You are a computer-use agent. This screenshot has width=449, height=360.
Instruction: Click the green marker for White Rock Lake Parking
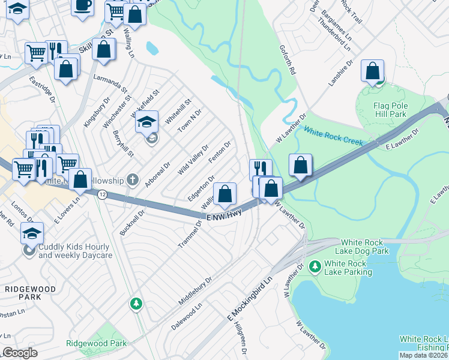[314, 265]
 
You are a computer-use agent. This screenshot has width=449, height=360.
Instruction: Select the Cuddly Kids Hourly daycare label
[74, 251]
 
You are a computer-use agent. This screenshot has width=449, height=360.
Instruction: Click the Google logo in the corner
[20, 353]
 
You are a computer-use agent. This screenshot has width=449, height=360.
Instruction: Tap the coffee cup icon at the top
[83, 5]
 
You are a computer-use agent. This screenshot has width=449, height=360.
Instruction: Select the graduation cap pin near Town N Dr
[146, 122]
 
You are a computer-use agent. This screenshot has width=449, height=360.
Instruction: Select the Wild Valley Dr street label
[192, 160]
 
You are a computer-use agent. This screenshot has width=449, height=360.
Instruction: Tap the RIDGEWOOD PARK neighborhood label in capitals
[30, 293]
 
